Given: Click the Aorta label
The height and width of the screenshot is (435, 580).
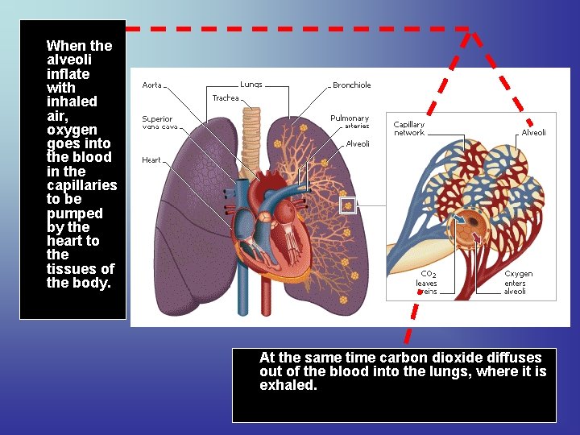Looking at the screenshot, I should (x=151, y=85).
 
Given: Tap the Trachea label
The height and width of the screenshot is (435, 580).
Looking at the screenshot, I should (x=226, y=98).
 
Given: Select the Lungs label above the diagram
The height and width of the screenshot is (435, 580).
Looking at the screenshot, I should (x=251, y=85).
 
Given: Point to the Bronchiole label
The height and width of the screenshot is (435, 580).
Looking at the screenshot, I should (x=352, y=85).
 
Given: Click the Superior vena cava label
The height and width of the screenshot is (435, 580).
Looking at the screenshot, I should (x=157, y=122).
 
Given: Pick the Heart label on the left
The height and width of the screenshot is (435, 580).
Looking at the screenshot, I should (x=151, y=159).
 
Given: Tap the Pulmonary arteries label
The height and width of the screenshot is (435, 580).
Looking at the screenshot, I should (x=350, y=122).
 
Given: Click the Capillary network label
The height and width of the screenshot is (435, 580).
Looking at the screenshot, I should (x=408, y=128).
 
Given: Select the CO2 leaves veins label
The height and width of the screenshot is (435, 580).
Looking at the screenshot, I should (x=427, y=283).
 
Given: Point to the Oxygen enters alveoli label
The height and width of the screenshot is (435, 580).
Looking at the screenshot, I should (x=518, y=283).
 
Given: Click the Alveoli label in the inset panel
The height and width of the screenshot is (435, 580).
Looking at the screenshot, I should (x=533, y=132).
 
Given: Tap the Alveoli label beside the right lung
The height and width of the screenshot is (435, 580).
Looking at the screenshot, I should (x=358, y=144).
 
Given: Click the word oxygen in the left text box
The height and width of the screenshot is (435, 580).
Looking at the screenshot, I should (x=72, y=130).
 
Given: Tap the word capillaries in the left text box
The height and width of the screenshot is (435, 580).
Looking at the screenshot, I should (x=81, y=185).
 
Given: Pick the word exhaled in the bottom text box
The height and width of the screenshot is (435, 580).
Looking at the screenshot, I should (x=288, y=385).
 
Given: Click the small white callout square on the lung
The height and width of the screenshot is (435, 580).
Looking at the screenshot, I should (x=348, y=205).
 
